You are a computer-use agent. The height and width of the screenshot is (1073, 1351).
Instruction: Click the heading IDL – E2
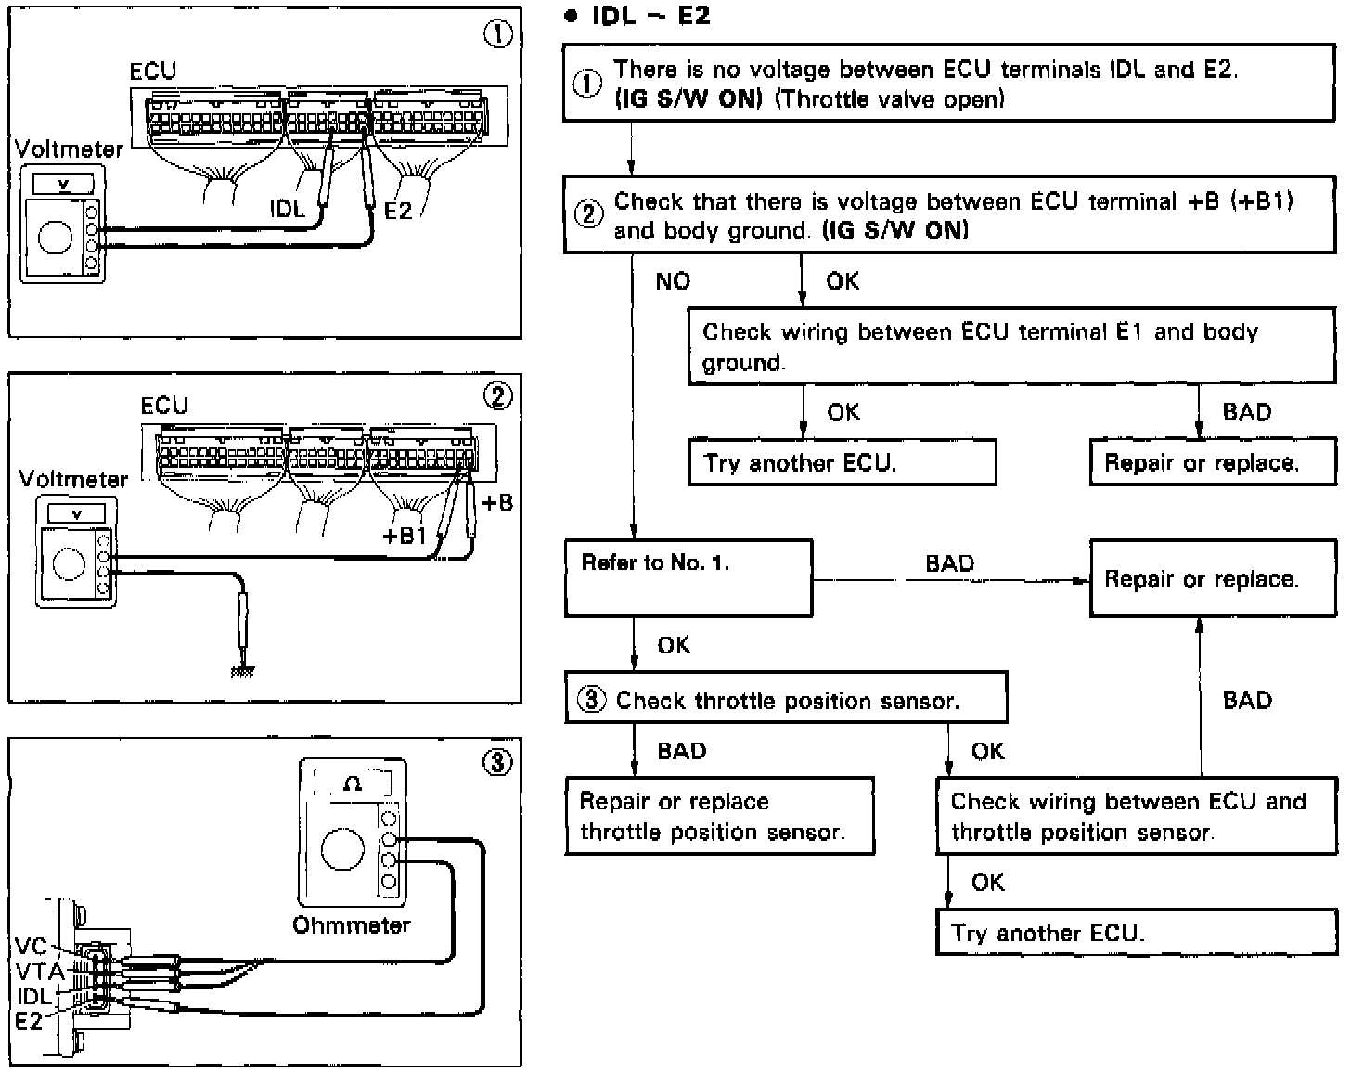tap(650, 17)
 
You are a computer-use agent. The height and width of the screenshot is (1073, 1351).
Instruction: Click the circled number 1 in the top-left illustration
tap(498, 35)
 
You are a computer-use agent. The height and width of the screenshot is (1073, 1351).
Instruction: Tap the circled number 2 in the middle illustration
tap(498, 397)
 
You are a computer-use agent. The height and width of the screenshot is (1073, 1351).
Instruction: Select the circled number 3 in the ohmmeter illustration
tap(498, 762)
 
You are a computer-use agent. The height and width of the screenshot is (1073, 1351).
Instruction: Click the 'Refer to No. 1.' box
tap(688, 578)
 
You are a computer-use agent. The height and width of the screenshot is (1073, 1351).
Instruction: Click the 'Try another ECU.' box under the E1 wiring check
tap(842, 462)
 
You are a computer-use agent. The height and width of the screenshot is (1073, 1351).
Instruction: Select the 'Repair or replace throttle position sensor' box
tap(719, 816)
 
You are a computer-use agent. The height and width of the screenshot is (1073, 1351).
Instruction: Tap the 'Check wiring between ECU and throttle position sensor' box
tap(1136, 816)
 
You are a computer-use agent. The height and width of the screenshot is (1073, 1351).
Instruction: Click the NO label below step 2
tap(673, 281)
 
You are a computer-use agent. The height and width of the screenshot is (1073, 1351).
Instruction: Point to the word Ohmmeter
tap(351, 925)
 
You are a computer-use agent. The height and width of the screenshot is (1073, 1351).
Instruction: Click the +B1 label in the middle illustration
tap(405, 536)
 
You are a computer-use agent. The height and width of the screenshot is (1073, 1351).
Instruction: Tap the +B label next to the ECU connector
tap(497, 503)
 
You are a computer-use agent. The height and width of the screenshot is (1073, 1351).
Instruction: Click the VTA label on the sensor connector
tap(39, 971)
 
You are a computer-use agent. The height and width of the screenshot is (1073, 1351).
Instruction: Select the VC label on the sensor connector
tap(31, 947)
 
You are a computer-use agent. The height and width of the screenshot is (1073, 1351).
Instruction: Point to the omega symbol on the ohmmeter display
tap(353, 783)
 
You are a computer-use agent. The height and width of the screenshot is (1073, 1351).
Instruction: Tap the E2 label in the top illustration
tap(397, 211)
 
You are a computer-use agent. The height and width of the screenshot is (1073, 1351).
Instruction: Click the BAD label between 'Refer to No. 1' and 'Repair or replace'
tap(949, 563)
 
